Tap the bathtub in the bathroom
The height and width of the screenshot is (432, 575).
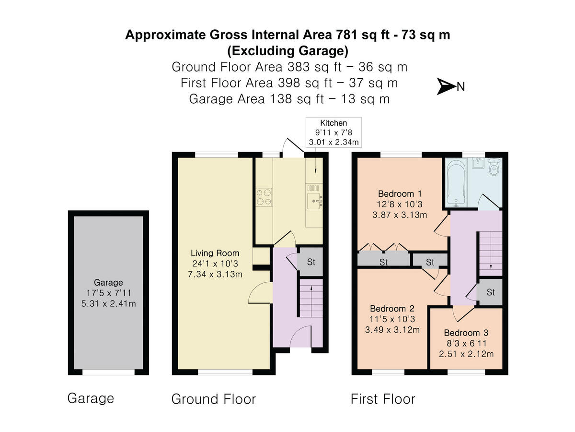456,182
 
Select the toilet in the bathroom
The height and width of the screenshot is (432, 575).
494,167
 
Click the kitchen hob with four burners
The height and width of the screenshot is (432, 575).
264,197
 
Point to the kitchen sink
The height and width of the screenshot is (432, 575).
314,197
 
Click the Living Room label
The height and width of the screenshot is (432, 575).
215,253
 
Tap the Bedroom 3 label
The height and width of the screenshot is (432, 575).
466,333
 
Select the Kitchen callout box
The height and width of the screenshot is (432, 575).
333,132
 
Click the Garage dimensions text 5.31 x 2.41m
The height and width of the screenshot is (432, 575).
108,303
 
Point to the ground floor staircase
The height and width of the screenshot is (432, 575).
311,298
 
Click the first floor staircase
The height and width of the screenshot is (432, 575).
491,253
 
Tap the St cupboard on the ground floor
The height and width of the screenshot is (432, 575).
311,262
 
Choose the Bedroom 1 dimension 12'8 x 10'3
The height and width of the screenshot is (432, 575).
400,204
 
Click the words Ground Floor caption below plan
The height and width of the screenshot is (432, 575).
214,399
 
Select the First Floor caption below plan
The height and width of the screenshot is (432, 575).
383,399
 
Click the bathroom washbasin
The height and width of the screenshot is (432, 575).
478,163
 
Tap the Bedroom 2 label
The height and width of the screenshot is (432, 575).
392,308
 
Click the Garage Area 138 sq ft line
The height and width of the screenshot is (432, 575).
289,99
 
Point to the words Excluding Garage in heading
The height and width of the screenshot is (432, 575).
287,50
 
